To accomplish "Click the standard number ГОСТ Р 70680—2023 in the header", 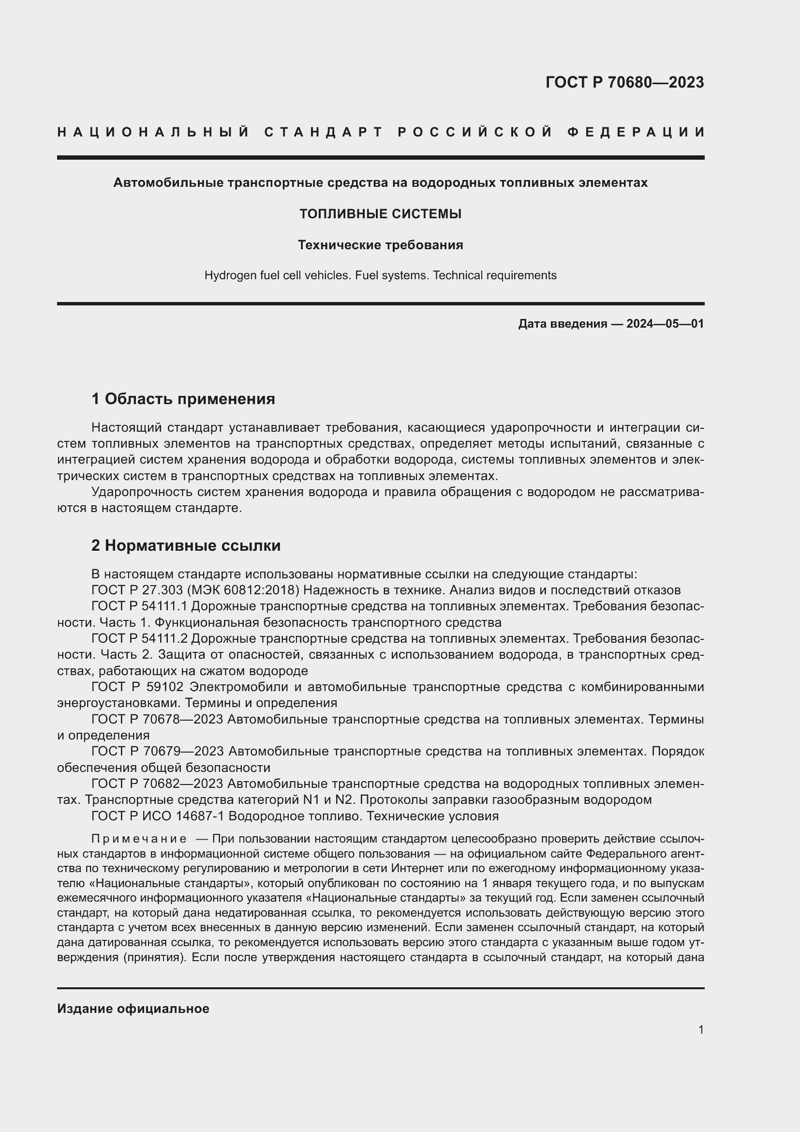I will [x=624, y=82].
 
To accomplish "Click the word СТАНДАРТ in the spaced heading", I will [x=324, y=132].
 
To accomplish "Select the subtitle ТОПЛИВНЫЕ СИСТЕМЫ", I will [x=380, y=214].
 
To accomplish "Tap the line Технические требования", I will [x=380, y=245].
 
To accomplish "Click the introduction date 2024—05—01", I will [x=665, y=324].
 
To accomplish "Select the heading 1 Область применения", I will [x=183, y=398].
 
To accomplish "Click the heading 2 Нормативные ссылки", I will [x=186, y=545].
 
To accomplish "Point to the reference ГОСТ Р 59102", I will [x=137, y=687].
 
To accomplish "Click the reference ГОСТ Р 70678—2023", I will [x=157, y=719].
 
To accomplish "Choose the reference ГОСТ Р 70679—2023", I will [x=158, y=752].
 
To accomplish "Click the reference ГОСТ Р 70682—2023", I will [x=157, y=784].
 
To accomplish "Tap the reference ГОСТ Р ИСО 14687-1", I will [x=158, y=816].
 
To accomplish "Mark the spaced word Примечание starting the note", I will [x=139, y=839].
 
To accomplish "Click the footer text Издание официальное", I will [x=133, y=1009].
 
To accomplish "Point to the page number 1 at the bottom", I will [x=700, y=1029].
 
